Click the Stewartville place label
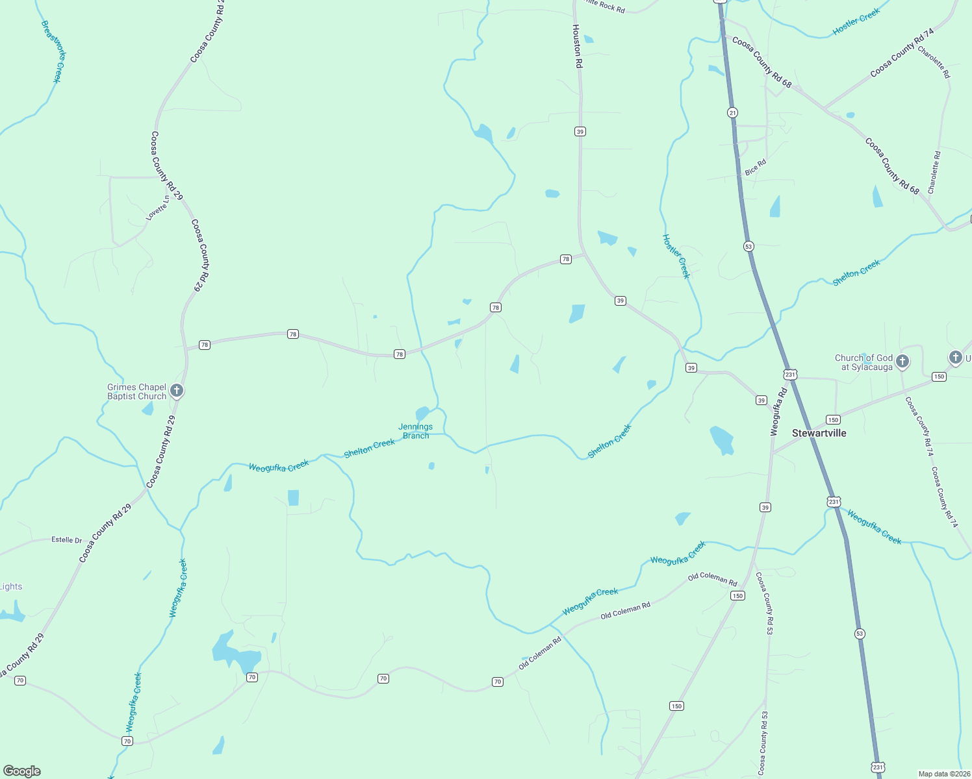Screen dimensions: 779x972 (819, 433)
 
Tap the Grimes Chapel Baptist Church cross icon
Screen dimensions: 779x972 (177, 391)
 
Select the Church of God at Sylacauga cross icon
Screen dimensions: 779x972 (902, 361)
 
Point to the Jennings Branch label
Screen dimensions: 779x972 (416, 431)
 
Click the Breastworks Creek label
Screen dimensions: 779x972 (54, 51)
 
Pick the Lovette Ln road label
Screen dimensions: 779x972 (157, 209)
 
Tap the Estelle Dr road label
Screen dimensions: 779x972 (67, 540)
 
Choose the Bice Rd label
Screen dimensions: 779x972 (756, 167)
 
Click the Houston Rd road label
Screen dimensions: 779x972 (577, 47)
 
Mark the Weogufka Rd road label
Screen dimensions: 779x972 (778, 412)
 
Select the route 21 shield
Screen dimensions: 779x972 (732, 112)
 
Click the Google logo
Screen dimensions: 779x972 (22, 771)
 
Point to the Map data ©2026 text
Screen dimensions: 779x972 (943, 774)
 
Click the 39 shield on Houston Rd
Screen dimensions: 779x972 (580, 132)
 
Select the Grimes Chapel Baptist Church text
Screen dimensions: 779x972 (136, 391)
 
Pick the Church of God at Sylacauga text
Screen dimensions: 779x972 (863, 362)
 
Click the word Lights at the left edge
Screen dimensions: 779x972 (11, 587)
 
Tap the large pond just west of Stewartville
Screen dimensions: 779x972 (722, 439)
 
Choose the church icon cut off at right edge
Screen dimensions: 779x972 (955, 357)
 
